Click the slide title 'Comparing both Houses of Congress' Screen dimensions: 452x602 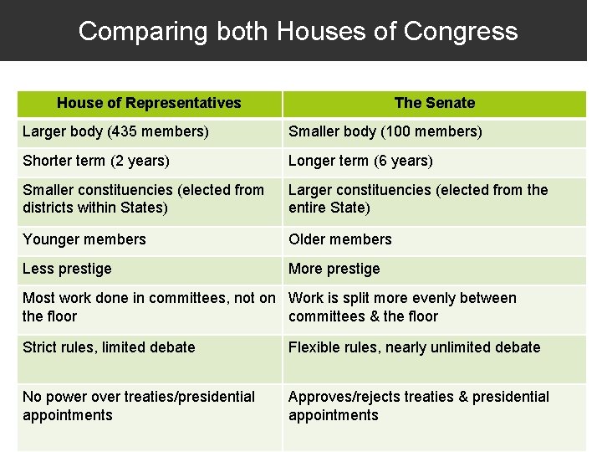pyautogui.click(x=298, y=31)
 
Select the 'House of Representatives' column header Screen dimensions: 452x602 pyautogui.click(x=149, y=103)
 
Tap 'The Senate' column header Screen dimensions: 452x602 pyautogui.click(x=434, y=103)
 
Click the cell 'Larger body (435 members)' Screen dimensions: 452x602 pyautogui.click(x=115, y=131)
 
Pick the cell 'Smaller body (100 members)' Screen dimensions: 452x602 pyautogui.click(x=385, y=131)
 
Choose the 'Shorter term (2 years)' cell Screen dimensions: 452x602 pyautogui.click(x=96, y=161)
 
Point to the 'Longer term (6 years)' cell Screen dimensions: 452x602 pyautogui.click(x=360, y=161)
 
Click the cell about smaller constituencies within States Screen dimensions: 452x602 pyautogui.click(x=143, y=199)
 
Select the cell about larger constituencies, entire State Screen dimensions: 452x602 pyautogui.click(x=418, y=199)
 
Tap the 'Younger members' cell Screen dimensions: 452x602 pyautogui.click(x=84, y=239)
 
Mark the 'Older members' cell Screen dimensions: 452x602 pyautogui.click(x=340, y=239)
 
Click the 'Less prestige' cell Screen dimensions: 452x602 pyautogui.click(x=67, y=269)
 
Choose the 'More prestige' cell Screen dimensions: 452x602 pyautogui.click(x=334, y=269)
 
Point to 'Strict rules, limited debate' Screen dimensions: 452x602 pyautogui.click(x=109, y=347)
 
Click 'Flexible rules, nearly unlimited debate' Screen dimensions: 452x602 pyautogui.click(x=415, y=347)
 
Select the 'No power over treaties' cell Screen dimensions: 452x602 pyautogui.click(x=139, y=406)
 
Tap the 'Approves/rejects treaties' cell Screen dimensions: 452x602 pyautogui.click(x=419, y=406)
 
